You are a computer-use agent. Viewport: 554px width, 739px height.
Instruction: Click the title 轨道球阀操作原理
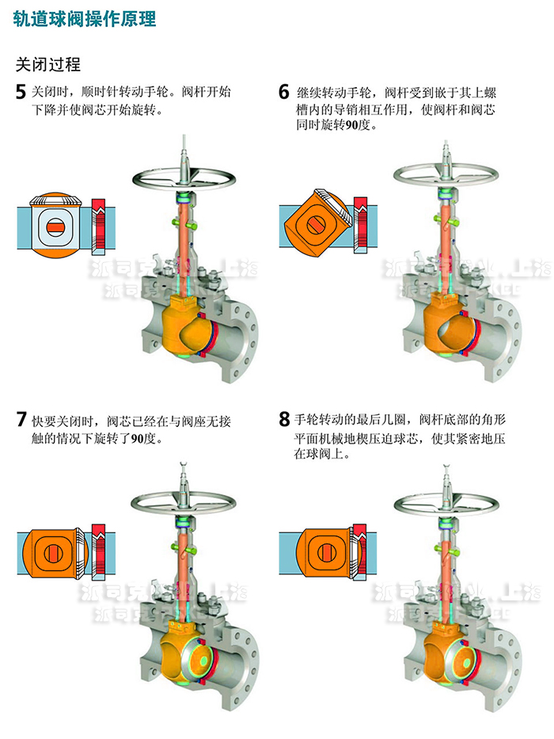[x=84, y=20]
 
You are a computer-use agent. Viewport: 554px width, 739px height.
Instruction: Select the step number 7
[x=21, y=420]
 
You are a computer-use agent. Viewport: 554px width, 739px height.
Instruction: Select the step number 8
[x=284, y=420]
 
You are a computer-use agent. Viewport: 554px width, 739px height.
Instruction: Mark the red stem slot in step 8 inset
[x=320, y=553]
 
